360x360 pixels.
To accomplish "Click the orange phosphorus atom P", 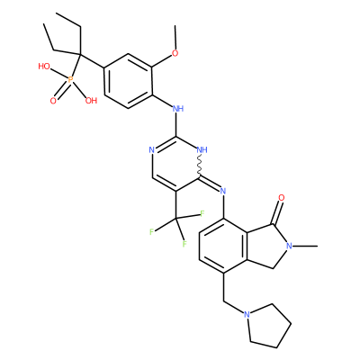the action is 70,80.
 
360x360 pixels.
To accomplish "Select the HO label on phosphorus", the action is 44,67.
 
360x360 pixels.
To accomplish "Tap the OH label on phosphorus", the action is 91,100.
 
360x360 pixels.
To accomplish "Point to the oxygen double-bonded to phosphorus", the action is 53,101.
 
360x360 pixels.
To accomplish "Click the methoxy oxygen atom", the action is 175,53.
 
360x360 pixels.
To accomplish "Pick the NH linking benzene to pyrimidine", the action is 178,108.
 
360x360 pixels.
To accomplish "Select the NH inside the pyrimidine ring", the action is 202,149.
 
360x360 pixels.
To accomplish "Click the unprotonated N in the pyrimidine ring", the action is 152,149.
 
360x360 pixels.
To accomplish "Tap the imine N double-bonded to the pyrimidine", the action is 223,190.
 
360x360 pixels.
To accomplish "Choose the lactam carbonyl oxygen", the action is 281,198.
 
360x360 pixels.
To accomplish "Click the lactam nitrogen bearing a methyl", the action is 289,246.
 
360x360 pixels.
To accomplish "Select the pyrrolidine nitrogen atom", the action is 247,314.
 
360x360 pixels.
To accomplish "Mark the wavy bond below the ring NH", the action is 199,165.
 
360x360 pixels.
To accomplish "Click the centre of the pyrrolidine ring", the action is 268,326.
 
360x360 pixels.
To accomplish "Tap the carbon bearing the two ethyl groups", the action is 80,55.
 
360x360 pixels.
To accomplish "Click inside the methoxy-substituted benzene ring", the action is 128,81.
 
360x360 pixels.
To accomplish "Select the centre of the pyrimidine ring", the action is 175,163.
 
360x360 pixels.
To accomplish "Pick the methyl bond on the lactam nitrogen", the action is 305,246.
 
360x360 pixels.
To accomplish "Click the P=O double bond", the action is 61,91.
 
